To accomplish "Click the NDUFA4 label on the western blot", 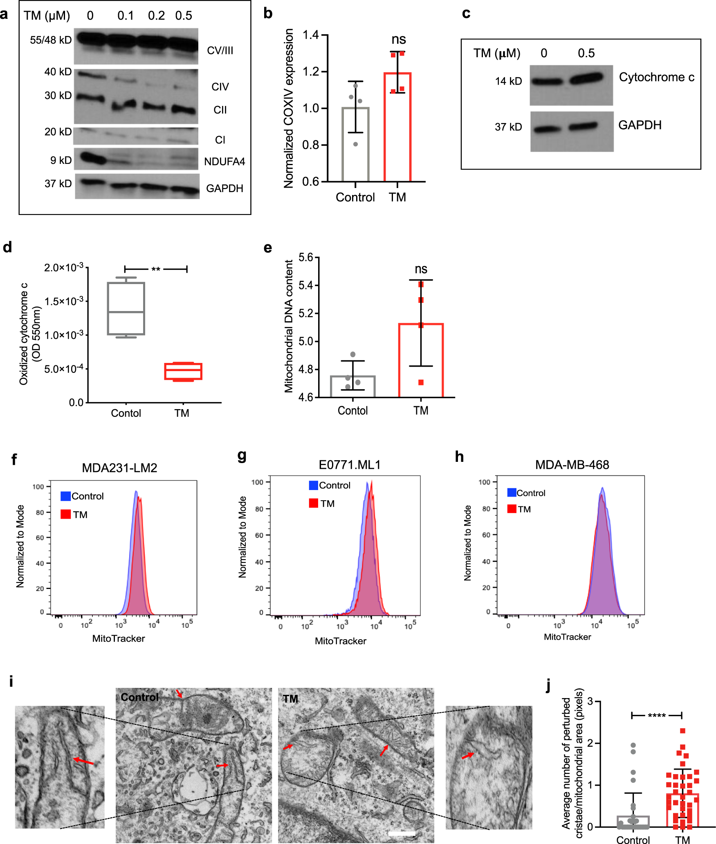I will tap(224, 162).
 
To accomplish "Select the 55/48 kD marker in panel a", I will tap(51, 40).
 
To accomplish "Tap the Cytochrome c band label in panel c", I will tap(656, 77).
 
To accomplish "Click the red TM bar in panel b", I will tap(397, 127).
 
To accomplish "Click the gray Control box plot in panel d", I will tap(126, 309).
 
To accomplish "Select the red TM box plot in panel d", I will tap(183, 371).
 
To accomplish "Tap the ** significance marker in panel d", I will tap(156, 269).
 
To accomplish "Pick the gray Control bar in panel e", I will tap(352, 386).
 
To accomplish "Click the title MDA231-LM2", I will tap(119, 468).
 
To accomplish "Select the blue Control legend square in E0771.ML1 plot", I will tap(314, 485).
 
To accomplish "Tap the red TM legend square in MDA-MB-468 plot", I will tap(512, 509).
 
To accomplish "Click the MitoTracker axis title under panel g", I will tap(340, 641).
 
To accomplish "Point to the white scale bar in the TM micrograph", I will tap(402, 833).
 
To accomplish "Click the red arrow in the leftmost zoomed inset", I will tap(83, 761).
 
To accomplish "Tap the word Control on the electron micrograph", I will tap(139, 697).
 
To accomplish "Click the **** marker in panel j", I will tap(657, 716).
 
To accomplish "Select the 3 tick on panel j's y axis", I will tap(590, 701).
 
